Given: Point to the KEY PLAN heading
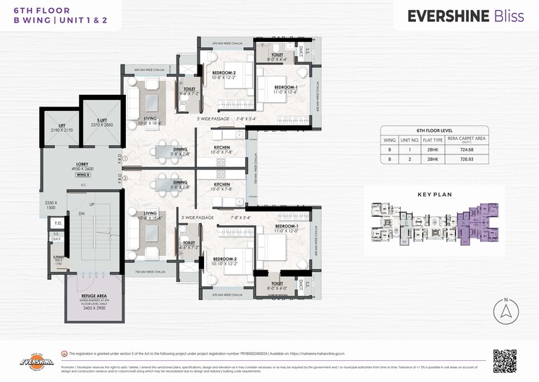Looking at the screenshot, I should click(435, 195).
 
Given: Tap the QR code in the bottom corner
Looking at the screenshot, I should click(504, 361).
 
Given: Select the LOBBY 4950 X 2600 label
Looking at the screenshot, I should click(82, 167).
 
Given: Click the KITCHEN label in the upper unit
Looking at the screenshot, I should click(222, 150).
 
